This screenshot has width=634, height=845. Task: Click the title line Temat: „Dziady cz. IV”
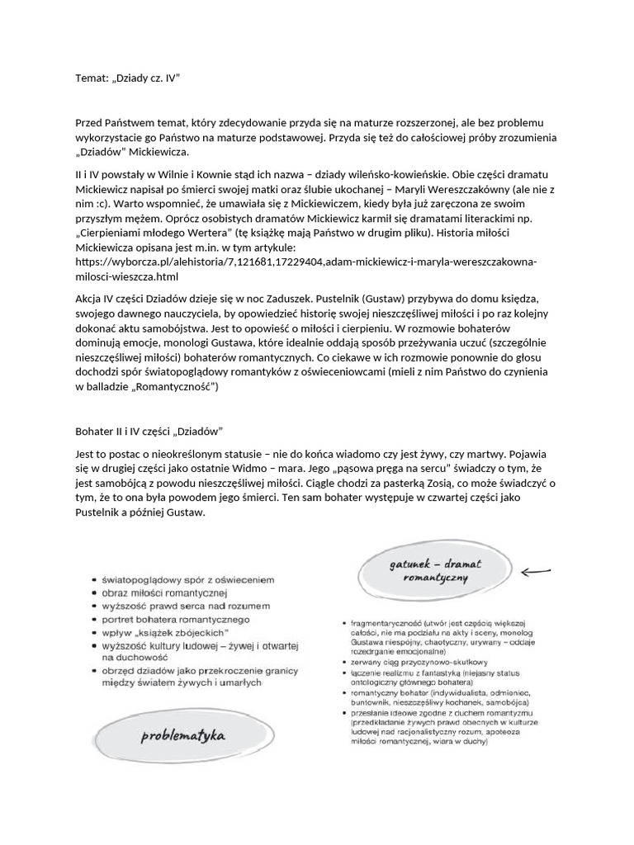[x=127, y=78]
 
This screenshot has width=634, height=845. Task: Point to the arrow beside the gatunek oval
[x=537, y=569]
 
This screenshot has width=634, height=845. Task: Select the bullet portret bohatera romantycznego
[x=175, y=620]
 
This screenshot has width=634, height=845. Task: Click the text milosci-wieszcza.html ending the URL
[x=125, y=276]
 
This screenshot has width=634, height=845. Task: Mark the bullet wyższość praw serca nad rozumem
[x=185, y=607]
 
